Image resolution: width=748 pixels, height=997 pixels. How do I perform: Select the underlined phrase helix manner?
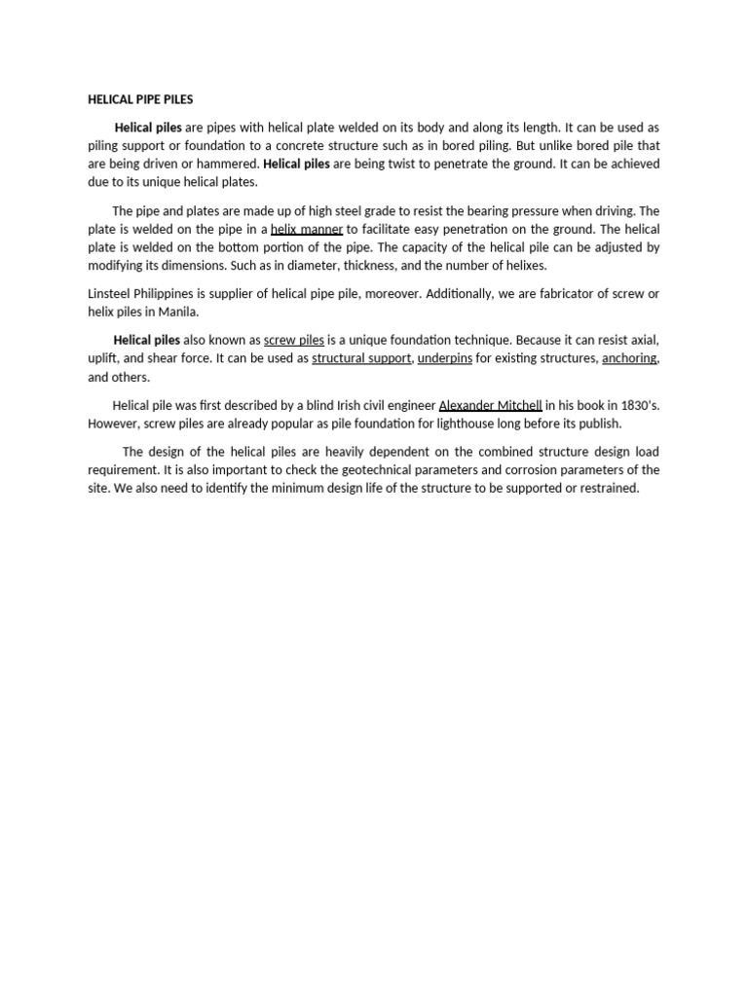point(307,230)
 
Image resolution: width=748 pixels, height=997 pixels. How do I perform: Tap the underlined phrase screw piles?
point(294,341)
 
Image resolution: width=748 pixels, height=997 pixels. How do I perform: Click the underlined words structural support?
point(362,358)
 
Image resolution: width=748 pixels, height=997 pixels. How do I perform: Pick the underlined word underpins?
point(445,358)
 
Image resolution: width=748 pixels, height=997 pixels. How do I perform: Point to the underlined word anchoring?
point(629,358)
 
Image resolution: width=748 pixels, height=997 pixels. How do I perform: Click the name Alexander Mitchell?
point(490,405)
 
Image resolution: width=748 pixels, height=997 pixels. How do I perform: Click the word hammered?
point(230,164)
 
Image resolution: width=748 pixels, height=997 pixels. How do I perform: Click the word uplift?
point(104,358)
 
